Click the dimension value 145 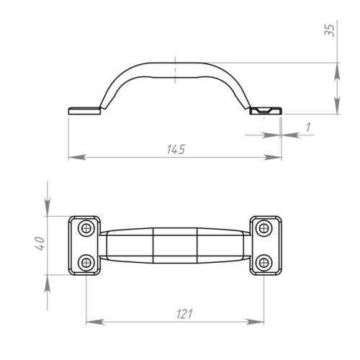[x=176, y=149]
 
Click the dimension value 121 [x=184, y=314]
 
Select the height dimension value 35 [x=329, y=30]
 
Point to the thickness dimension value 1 [x=308, y=127]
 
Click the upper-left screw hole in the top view [x=86, y=228]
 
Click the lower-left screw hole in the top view [x=86, y=263]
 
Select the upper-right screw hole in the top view [x=264, y=228]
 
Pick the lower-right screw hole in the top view [x=264, y=263]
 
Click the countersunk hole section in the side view [x=264, y=110]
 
